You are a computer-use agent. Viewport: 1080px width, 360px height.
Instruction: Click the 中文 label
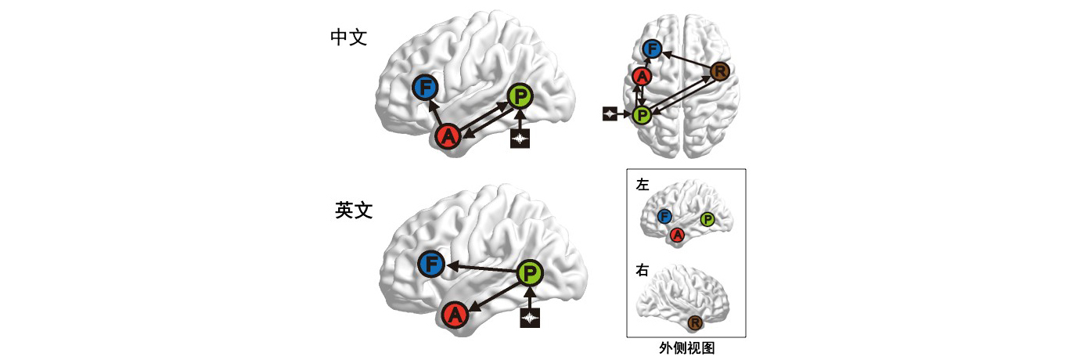[348, 38]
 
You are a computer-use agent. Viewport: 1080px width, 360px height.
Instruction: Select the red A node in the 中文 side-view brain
[448, 137]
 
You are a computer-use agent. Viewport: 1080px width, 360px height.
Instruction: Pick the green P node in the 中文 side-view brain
[520, 97]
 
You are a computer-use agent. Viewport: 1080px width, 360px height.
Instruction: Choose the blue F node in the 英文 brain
[431, 265]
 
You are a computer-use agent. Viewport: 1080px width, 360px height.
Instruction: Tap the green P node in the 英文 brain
[531, 273]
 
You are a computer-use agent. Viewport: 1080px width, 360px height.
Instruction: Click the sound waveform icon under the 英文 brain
[531, 317]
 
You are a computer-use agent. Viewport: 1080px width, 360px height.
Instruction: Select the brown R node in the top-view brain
[721, 73]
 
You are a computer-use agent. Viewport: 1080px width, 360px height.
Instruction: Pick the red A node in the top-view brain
[642, 77]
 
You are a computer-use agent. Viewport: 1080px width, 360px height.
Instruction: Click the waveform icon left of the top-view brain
[610, 114]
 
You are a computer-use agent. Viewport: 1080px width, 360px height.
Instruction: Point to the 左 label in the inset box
[643, 185]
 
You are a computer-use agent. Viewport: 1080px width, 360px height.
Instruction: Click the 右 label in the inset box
[643, 271]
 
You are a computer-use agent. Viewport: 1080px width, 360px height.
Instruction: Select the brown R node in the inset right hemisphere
[695, 322]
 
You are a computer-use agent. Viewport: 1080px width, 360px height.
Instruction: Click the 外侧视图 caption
[686, 348]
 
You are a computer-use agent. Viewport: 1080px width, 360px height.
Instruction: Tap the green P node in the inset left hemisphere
[707, 218]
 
